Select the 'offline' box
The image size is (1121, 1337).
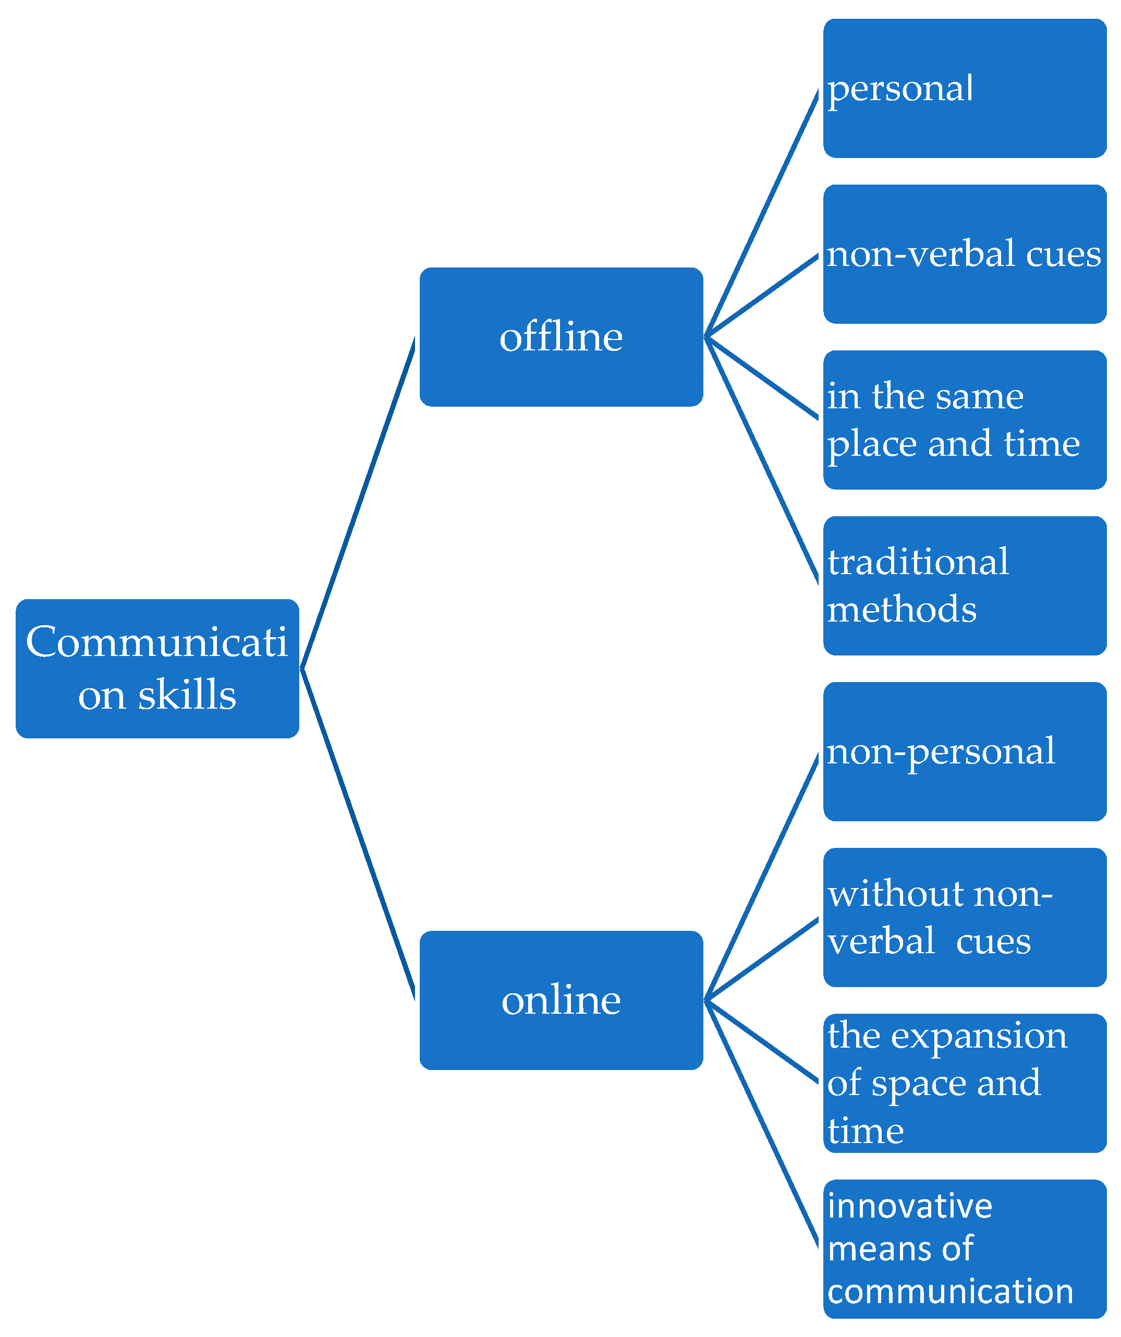point(561,337)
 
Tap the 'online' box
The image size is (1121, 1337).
point(561,1000)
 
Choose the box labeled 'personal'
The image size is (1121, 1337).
point(965,89)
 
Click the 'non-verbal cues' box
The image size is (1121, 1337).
point(965,254)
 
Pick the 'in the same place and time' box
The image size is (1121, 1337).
point(965,420)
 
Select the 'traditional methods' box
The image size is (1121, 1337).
point(965,586)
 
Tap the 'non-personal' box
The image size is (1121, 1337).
point(965,752)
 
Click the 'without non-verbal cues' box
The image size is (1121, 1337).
point(965,917)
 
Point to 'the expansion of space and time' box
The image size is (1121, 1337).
point(965,1084)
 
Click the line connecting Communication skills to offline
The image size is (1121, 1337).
point(358,503)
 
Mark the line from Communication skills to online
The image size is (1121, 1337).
point(358,834)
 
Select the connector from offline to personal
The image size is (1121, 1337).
point(761,213)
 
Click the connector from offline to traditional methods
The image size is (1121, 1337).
point(761,461)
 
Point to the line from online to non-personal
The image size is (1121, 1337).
point(761,876)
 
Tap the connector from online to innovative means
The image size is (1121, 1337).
point(761,1124)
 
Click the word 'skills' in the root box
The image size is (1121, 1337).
point(187,695)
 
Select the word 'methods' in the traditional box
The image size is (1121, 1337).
point(901,610)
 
